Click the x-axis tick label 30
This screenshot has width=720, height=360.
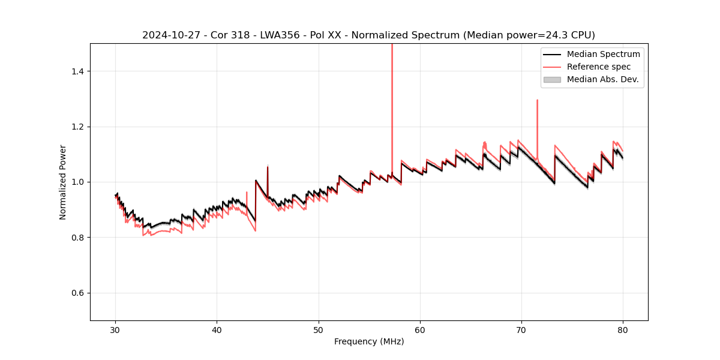(116, 330)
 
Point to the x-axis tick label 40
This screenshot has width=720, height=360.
(217, 330)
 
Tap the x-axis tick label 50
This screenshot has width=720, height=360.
(319, 330)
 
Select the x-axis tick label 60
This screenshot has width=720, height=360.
(420, 330)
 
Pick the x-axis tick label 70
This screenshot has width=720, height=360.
(521, 330)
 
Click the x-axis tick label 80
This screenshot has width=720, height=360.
(623, 330)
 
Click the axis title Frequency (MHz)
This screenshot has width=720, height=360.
(369, 341)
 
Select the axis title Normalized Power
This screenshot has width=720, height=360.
(63, 182)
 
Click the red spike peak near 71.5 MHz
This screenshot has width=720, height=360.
(537, 100)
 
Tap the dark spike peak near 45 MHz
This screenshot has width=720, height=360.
(268, 166)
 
